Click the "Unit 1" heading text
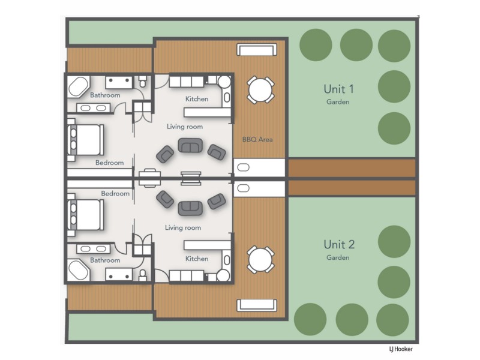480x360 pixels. tap(338, 89)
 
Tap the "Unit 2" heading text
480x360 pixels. tap(338, 244)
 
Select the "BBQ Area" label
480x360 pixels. tap(257, 139)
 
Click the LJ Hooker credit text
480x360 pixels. tap(401, 349)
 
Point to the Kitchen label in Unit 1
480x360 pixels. tap(197, 99)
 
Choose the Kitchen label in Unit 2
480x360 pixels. tap(197, 259)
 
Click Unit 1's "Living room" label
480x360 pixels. tap(184, 127)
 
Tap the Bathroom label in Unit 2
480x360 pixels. tap(105, 260)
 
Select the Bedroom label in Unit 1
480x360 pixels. tap(109, 163)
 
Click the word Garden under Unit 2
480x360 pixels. tap(338, 257)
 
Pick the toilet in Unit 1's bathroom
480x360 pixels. tap(142, 80)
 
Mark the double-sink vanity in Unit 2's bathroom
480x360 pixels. tap(93, 248)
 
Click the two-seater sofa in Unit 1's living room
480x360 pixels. tap(190, 146)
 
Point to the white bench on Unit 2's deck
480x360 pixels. tap(256, 305)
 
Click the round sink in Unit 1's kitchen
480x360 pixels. tap(224, 82)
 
